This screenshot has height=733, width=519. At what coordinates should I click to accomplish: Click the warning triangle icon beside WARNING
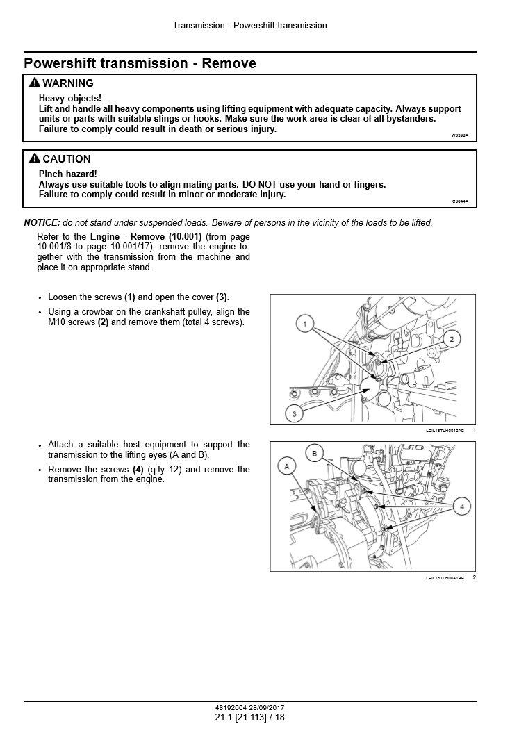(34, 83)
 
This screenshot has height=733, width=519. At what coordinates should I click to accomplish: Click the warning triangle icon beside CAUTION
(34, 158)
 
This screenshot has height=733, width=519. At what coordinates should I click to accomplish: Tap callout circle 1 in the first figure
(305, 323)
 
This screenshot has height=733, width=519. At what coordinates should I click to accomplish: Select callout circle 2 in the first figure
(452, 339)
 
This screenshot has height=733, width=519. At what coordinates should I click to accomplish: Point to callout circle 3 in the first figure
(294, 413)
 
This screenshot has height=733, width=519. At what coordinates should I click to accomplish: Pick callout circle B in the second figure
(315, 454)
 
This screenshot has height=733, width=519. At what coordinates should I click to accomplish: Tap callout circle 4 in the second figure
(462, 506)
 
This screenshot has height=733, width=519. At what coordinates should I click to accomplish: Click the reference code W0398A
(460, 135)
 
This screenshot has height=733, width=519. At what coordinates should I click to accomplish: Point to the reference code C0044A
(460, 201)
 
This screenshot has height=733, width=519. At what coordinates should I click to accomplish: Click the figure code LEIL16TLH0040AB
(445, 431)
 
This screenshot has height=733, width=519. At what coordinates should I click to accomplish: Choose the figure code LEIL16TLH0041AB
(445, 578)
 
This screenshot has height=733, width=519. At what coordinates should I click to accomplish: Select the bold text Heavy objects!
(69, 99)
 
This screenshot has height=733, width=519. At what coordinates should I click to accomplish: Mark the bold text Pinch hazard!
(67, 174)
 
